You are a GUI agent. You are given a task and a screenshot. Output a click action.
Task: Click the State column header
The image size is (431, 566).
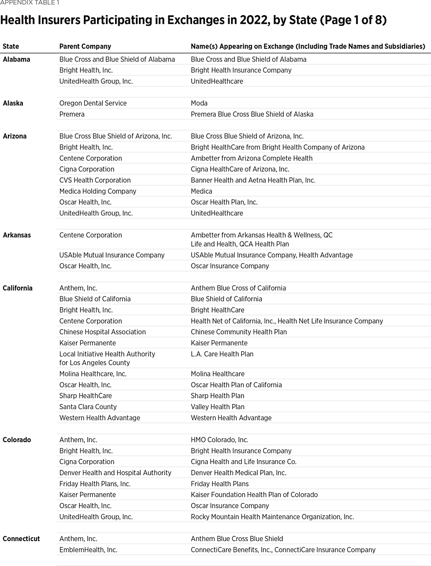(x=11, y=46)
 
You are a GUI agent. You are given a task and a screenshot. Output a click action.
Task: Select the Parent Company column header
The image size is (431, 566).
(x=85, y=46)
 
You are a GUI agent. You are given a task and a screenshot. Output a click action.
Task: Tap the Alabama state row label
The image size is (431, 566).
(x=16, y=59)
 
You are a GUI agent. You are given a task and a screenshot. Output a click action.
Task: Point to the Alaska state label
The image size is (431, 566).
(x=13, y=103)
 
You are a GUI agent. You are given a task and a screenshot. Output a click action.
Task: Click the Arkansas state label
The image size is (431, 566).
(x=17, y=235)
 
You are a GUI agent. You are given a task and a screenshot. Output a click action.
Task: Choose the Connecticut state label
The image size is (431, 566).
(x=21, y=539)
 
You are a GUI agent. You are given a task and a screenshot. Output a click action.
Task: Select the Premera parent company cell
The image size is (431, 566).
(x=72, y=114)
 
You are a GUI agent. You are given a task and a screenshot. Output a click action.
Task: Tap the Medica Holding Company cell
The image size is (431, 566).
(x=98, y=191)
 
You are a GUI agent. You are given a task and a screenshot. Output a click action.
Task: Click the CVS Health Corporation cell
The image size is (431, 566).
(x=95, y=180)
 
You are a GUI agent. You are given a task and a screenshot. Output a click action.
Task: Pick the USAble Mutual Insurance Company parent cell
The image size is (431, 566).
(x=112, y=255)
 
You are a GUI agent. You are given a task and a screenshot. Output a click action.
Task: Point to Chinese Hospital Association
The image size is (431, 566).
(x=102, y=332)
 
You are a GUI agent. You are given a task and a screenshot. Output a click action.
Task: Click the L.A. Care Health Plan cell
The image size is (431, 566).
(x=222, y=354)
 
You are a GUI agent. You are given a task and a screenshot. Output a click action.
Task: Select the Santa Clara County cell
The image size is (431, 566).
(x=88, y=407)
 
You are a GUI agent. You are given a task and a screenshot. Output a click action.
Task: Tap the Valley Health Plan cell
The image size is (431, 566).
(x=217, y=407)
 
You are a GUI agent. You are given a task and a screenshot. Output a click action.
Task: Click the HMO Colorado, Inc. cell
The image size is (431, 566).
(x=219, y=440)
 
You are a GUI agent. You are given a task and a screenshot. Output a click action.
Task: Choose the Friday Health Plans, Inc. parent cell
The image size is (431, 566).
(x=95, y=484)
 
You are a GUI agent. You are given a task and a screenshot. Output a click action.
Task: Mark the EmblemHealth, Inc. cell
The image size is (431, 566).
(x=88, y=550)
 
